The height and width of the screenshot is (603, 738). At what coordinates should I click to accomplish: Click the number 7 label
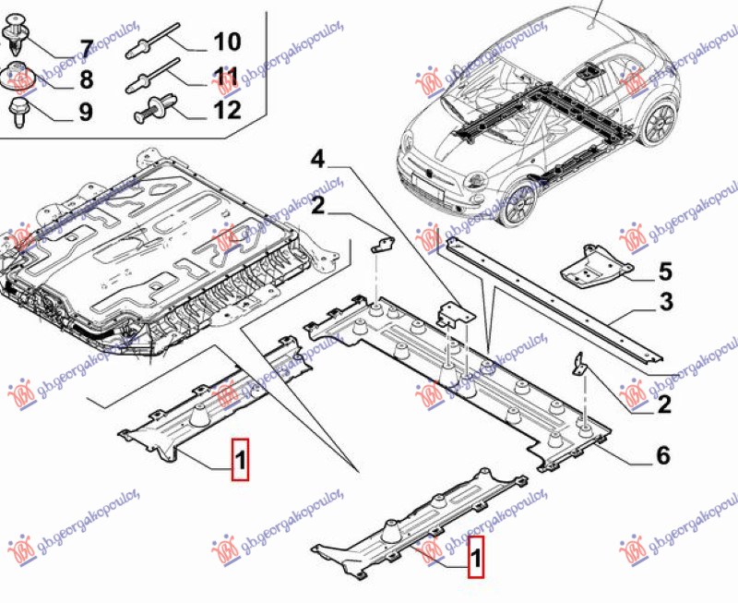(x=85, y=47)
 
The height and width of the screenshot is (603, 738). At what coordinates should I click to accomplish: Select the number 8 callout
(x=85, y=79)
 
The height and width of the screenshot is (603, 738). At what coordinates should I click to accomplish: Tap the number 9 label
(x=85, y=113)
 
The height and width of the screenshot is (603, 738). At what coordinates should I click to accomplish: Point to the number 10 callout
(x=226, y=42)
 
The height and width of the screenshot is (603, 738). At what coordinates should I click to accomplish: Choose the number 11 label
(x=226, y=76)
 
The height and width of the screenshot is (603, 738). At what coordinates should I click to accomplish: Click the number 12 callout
(x=226, y=111)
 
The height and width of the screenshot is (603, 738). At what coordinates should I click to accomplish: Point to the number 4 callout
(x=316, y=161)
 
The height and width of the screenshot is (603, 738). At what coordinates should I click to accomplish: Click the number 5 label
(x=665, y=271)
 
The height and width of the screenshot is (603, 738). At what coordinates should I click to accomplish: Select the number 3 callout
(x=665, y=302)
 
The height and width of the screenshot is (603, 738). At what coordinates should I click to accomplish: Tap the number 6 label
(x=661, y=456)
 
